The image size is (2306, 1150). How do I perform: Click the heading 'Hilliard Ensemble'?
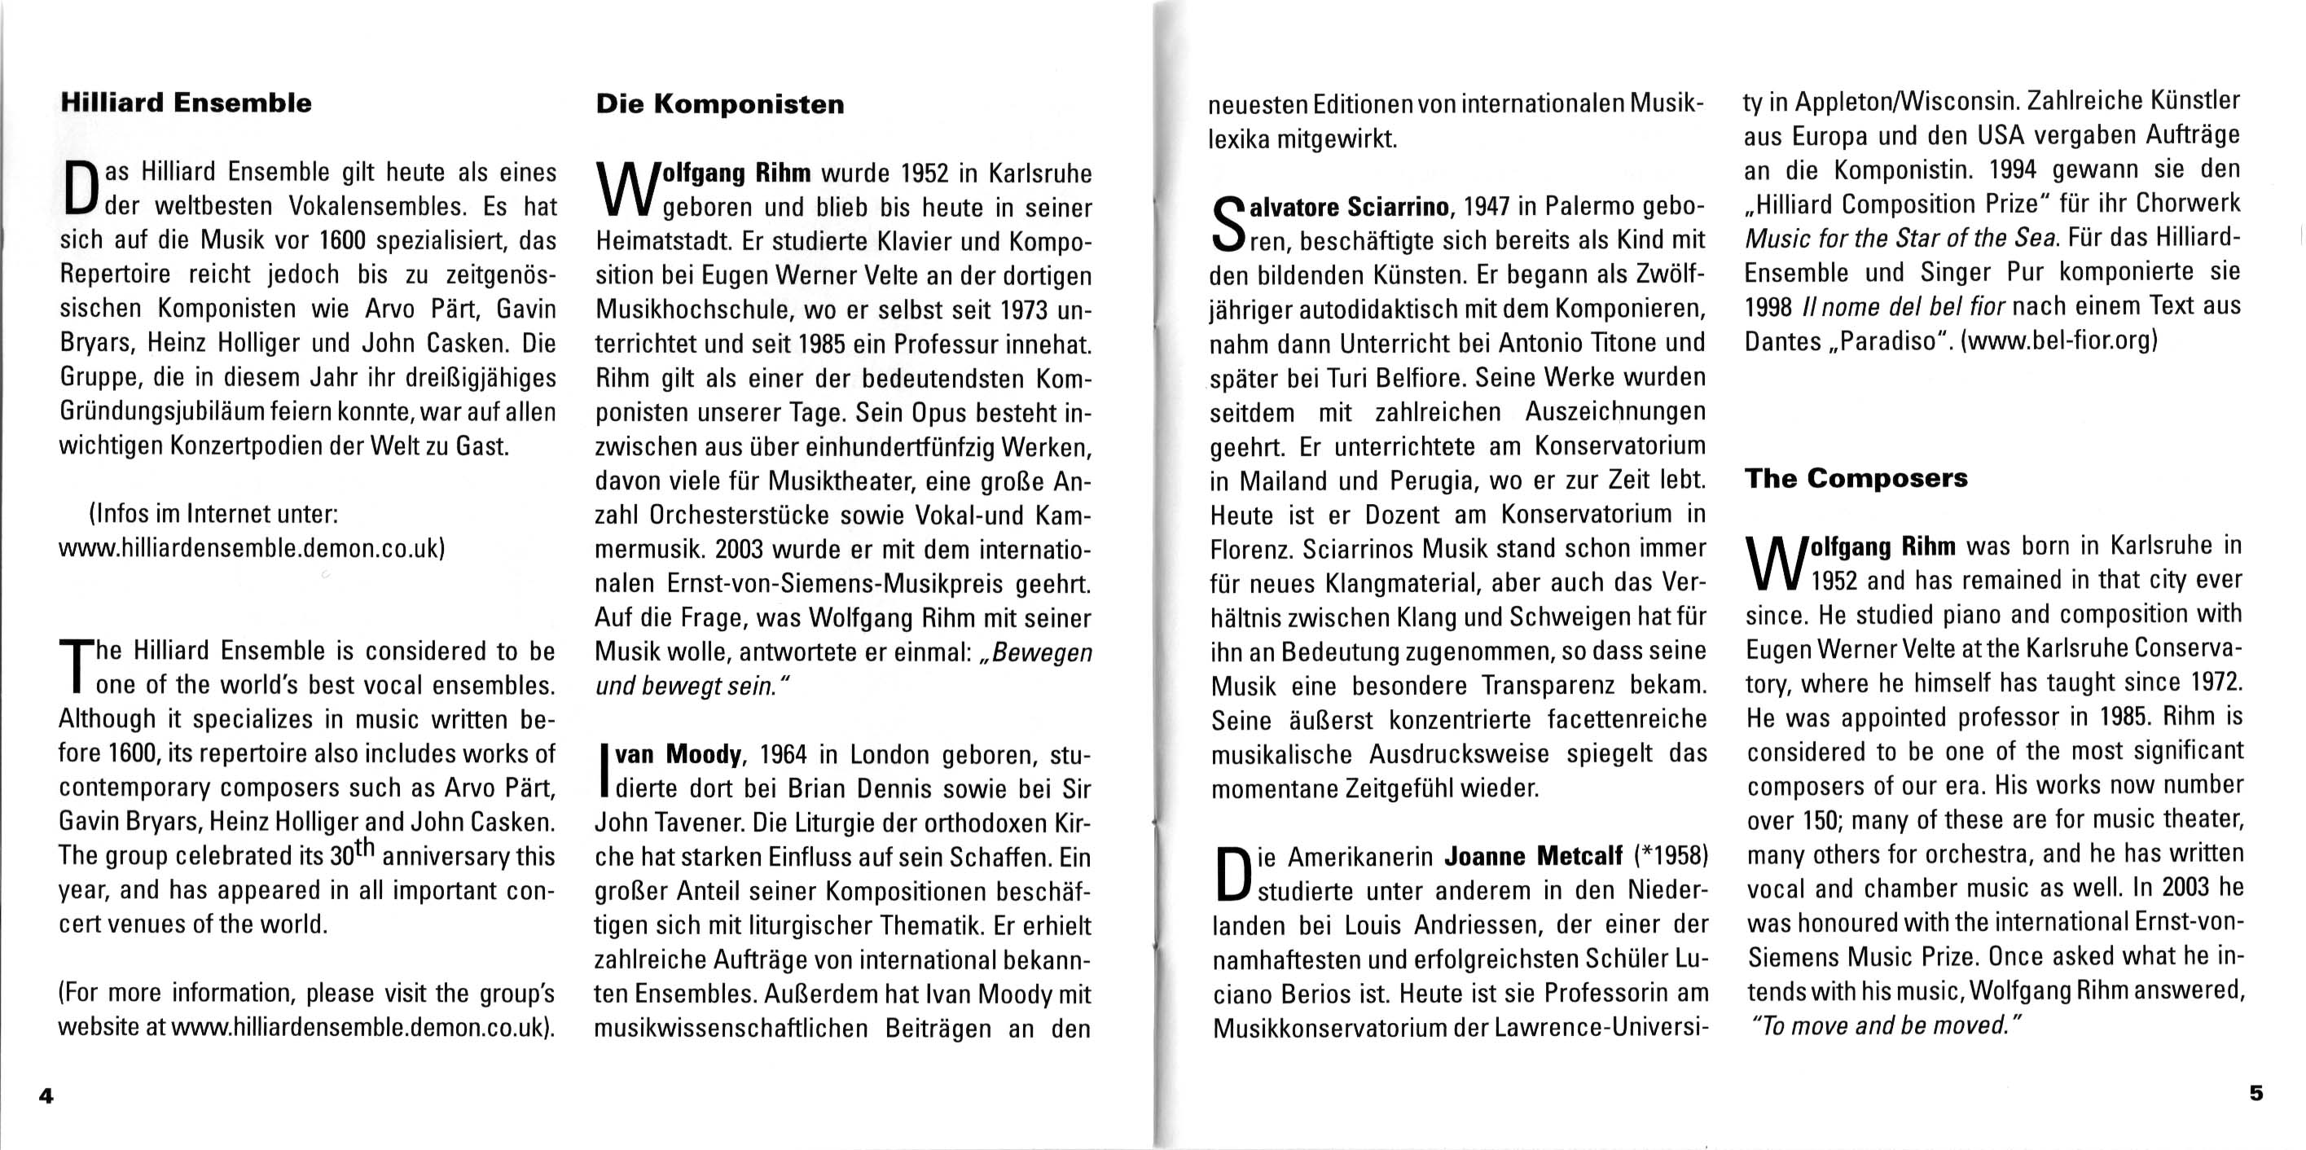(x=187, y=103)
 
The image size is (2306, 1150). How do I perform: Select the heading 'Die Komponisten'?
(x=720, y=105)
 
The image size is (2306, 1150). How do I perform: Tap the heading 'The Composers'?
(x=1856, y=478)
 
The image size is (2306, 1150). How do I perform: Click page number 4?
(x=46, y=1095)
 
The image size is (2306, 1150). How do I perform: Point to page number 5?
(x=2255, y=1093)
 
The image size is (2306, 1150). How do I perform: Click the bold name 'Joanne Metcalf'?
(x=1532, y=857)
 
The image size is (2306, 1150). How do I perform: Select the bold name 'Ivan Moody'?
(x=679, y=755)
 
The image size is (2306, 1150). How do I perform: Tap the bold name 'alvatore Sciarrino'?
(x=1348, y=208)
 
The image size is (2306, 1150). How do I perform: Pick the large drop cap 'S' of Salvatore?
(x=1228, y=224)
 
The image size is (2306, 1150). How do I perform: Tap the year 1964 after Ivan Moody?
(x=783, y=755)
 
